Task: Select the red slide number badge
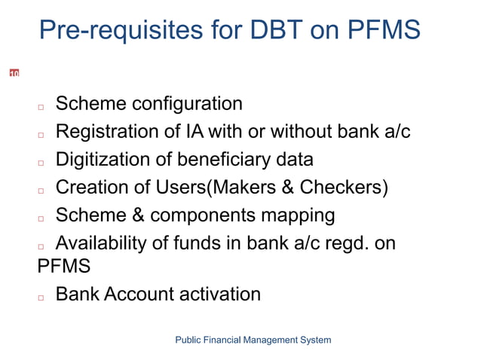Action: [14, 73]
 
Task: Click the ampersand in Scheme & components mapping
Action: [139, 215]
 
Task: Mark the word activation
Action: [219, 294]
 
